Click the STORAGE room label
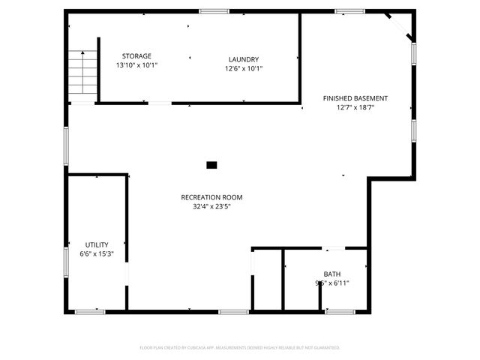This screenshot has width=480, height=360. pyautogui.click(x=136, y=56)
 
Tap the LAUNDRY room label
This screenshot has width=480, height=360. pyautogui.click(x=244, y=59)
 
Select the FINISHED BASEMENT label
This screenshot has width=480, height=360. pyautogui.click(x=355, y=98)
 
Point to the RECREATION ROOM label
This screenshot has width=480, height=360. pyautogui.click(x=211, y=197)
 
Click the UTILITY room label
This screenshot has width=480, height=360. pyautogui.click(x=97, y=244)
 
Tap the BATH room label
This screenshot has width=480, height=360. pyautogui.click(x=331, y=274)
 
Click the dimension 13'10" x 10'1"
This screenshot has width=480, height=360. pyautogui.click(x=136, y=66)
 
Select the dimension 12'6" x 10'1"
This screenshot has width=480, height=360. pyautogui.click(x=244, y=69)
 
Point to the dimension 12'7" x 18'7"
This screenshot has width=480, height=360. pyautogui.click(x=355, y=108)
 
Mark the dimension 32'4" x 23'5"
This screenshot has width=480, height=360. pyautogui.click(x=211, y=207)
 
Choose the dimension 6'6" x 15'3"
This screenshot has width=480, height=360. pyautogui.click(x=97, y=254)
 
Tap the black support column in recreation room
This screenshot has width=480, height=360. pyautogui.click(x=211, y=164)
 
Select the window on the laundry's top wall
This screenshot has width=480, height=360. pyautogui.click(x=214, y=10)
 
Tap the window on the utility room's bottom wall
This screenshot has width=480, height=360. pyautogui.click(x=90, y=310)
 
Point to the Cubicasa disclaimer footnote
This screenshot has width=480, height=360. pyautogui.click(x=240, y=347)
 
